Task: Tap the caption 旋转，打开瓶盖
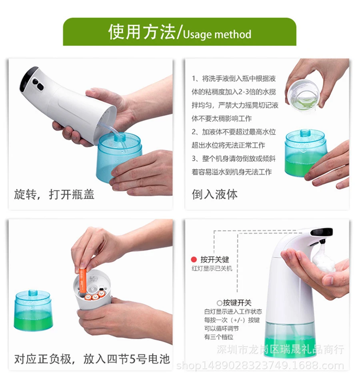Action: (x=54, y=194)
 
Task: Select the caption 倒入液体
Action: (x=215, y=194)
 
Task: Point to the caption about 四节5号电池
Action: (x=92, y=359)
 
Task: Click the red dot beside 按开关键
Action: (x=194, y=260)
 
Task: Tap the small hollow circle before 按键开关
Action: (x=219, y=303)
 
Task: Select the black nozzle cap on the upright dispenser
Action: (x=321, y=233)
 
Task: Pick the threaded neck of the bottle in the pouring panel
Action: (x=305, y=133)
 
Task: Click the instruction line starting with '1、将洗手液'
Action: (x=234, y=79)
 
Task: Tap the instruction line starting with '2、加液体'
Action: (x=234, y=132)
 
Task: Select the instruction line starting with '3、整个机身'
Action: (x=234, y=158)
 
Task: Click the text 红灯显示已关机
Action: (x=212, y=269)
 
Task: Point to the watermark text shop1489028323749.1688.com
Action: (x=260, y=366)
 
